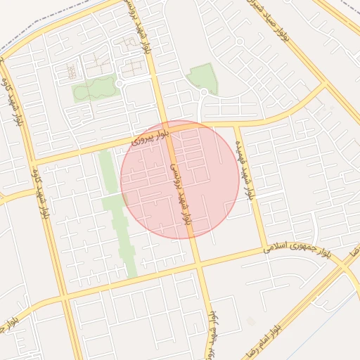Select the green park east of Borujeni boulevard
pos(203,77)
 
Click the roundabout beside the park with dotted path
pos(120,84)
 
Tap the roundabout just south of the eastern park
pos(204,92)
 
